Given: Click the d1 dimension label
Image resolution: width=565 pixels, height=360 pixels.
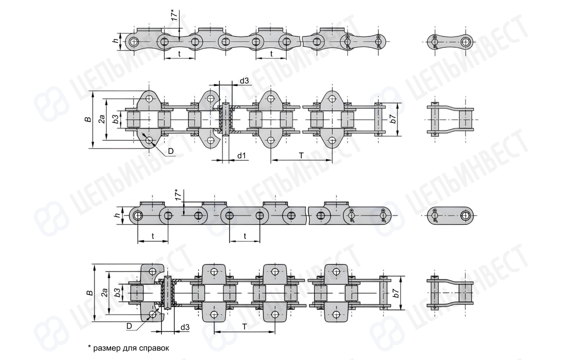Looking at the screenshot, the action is [241, 155].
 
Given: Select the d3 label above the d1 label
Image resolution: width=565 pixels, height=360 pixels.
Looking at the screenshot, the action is [244, 80].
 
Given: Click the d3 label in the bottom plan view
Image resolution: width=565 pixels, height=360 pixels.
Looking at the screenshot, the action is [185, 327].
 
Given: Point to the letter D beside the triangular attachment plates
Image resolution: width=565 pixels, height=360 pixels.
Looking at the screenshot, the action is [171, 151].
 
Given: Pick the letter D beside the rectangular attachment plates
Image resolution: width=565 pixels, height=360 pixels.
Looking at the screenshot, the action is [129, 326].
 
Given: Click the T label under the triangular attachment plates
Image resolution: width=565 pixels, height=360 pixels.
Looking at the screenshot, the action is [301, 155].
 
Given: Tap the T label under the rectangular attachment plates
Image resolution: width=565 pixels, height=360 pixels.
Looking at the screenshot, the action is [244, 327].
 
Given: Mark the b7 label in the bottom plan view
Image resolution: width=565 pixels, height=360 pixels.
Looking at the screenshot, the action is [395, 293].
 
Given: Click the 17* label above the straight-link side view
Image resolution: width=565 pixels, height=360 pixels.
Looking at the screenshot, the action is [177, 194].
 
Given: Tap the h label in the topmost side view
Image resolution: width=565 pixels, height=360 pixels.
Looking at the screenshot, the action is [115, 40].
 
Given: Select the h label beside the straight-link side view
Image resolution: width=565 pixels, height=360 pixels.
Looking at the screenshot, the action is [116, 215].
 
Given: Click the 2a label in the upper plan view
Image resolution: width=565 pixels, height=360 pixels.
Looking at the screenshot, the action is [102, 119].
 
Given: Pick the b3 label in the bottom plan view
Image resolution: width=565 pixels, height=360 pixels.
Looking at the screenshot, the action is [117, 292].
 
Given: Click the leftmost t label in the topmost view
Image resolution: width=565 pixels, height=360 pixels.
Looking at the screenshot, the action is [179, 54].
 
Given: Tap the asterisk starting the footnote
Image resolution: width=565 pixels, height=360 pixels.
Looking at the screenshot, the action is [89, 347].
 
